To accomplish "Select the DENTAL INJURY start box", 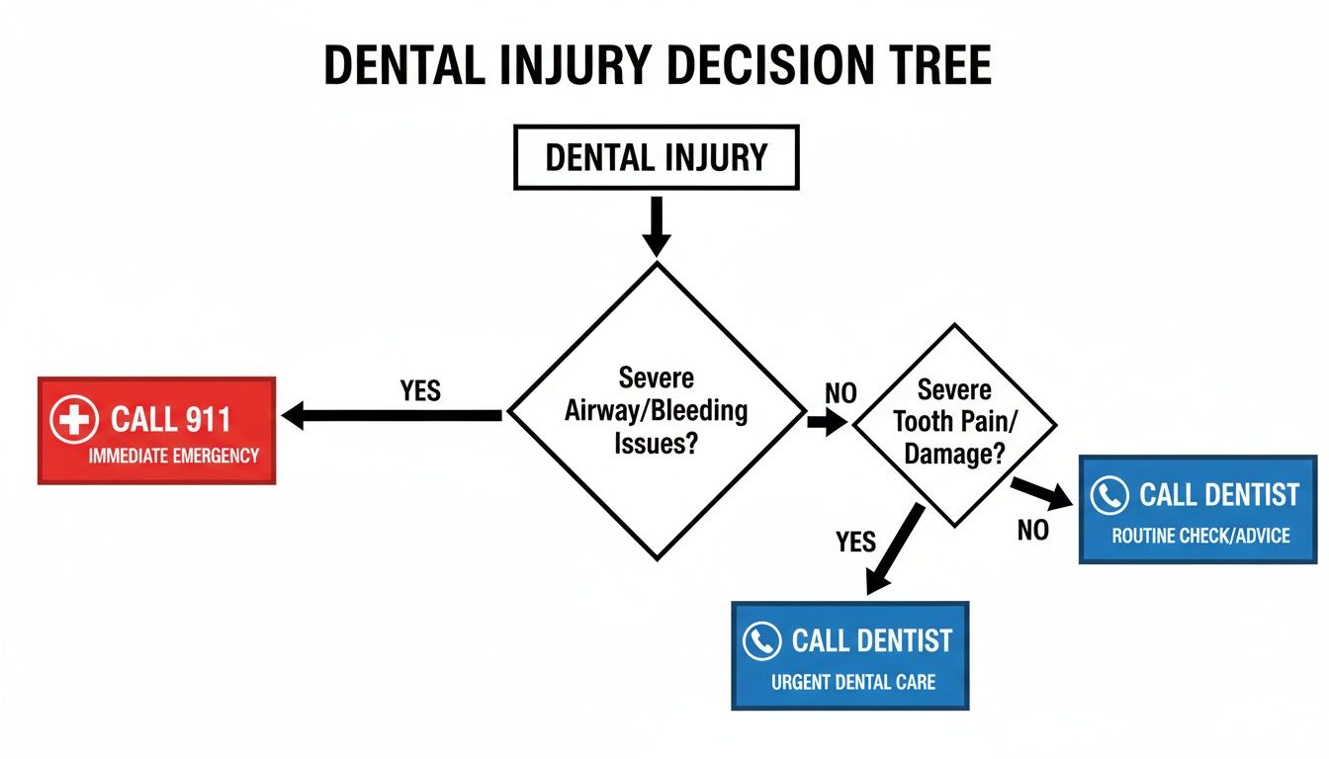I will [656, 157].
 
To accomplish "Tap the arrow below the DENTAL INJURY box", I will [656, 227].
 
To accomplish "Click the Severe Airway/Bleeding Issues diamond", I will [656, 410].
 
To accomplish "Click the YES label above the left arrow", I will [420, 390].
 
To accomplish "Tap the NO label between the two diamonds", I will [841, 393].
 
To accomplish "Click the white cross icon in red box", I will [74, 420].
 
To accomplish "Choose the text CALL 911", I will [170, 419].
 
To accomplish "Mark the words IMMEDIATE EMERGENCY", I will [173, 456].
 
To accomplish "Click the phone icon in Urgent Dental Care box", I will [761, 641].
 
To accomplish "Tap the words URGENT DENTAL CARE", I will [852, 682].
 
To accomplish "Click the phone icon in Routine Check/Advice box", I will [1109, 495].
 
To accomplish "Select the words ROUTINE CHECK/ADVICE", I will [1200, 536].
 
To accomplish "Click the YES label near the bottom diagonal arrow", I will [855, 542].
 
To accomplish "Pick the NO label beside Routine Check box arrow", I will [1032, 531].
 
